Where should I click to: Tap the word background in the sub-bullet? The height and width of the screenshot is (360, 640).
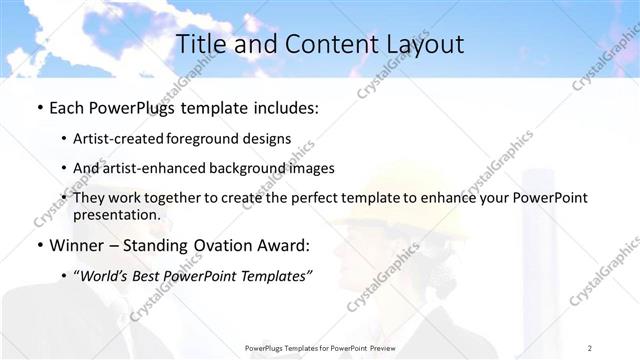pyautogui.click(x=258, y=168)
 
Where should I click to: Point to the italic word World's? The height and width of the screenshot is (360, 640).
pyautogui.click(x=108, y=275)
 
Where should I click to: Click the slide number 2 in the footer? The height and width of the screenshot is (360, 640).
pyautogui.click(x=591, y=347)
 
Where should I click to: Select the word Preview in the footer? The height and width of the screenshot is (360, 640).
pyautogui.click(x=377, y=347)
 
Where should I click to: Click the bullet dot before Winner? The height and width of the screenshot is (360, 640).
pyautogui.click(x=38, y=244)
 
